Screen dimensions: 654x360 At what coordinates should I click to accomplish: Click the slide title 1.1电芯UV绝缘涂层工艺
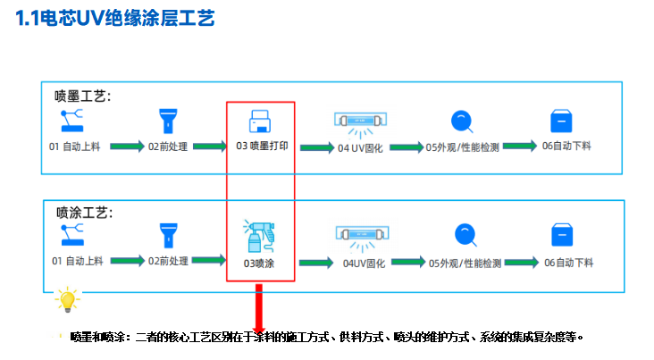(x=115, y=19)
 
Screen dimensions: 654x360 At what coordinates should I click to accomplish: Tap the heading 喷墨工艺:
(x=82, y=96)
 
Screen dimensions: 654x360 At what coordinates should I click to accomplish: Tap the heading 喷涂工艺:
(x=85, y=213)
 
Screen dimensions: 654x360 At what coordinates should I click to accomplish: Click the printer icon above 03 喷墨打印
(x=260, y=121)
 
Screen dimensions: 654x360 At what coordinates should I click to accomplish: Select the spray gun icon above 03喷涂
(x=259, y=236)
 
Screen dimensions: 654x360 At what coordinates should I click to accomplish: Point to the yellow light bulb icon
(x=67, y=299)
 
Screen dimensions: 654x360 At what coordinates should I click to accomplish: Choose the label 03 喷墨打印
(x=262, y=146)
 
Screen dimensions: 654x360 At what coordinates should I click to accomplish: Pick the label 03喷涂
(x=259, y=264)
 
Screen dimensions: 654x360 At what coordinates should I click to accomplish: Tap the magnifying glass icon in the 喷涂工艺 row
(x=465, y=235)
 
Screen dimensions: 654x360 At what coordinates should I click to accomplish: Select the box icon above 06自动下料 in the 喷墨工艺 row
(x=561, y=121)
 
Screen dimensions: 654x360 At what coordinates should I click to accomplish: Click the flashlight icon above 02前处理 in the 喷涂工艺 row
(x=169, y=235)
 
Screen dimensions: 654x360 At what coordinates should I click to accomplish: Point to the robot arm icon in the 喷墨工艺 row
(x=71, y=121)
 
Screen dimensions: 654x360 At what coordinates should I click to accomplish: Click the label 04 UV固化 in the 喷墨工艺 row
(x=360, y=148)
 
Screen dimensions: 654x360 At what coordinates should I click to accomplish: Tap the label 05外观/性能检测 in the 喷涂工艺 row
(x=465, y=264)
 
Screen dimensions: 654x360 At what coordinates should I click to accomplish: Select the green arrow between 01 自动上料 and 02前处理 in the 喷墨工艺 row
(x=127, y=147)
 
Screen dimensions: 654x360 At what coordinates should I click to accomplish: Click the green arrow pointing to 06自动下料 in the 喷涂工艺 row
(x=522, y=263)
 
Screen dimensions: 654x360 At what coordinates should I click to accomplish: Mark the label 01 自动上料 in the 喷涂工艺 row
(x=77, y=261)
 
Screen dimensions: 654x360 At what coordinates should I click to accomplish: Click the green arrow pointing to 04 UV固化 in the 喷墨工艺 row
(x=317, y=147)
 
